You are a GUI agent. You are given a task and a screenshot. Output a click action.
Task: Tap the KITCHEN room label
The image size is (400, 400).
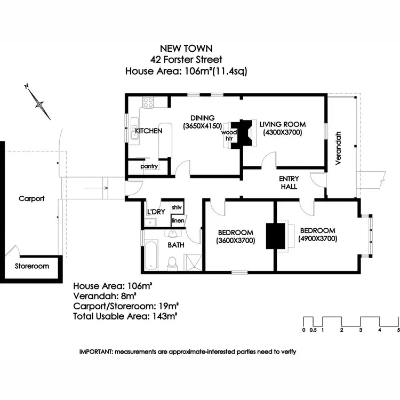pyautogui.click(x=148, y=131)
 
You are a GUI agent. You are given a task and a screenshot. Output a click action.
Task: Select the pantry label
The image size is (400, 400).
pyautogui.click(x=149, y=166)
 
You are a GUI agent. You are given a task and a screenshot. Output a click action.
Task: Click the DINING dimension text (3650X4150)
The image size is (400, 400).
pyautogui.click(x=202, y=126)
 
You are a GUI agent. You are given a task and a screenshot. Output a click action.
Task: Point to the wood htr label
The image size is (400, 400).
pyautogui.click(x=229, y=135)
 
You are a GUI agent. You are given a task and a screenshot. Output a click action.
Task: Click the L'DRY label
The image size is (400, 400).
pyautogui.click(x=156, y=212)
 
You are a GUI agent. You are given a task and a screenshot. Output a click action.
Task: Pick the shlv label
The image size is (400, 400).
pyautogui.click(x=177, y=207)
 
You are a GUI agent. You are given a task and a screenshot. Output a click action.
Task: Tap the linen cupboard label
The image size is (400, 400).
pyautogui.click(x=178, y=220)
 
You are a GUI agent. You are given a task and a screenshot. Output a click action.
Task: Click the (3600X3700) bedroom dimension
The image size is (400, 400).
pyautogui.click(x=235, y=241)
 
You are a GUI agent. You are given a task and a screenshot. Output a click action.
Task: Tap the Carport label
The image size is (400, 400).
pyautogui.click(x=31, y=198)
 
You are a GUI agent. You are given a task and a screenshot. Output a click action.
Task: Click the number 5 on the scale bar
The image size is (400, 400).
pyautogui.click(x=398, y=330)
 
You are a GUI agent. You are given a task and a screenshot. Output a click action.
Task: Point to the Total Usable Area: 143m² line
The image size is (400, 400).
pyautogui.click(x=125, y=316)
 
